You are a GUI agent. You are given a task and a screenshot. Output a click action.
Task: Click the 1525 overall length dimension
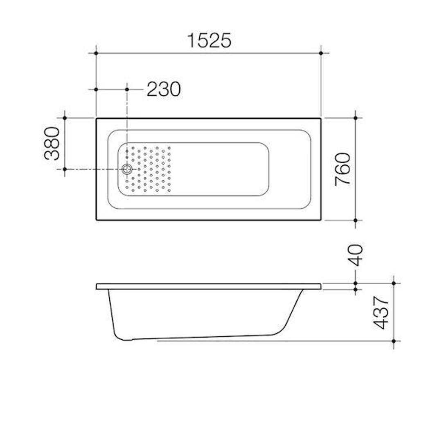tap(209, 41)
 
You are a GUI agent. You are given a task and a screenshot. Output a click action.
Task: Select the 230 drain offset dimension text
tap(164, 89)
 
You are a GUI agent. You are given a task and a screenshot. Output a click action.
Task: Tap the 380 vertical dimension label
tap(52, 143)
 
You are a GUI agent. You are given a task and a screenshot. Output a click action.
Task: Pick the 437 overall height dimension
tap(381, 313)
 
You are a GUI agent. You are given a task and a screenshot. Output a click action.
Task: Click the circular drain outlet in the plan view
tap(127, 169)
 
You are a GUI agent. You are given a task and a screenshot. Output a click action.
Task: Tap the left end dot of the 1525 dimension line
tap(96, 53)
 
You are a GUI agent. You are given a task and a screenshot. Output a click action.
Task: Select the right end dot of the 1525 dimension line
tap(321, 53)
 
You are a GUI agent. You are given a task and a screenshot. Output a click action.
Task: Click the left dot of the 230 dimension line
tap(96, 89)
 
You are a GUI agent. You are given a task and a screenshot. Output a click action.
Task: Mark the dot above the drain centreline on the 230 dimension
tap(127, 89)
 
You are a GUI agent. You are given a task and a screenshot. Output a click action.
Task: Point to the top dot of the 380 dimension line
tap(65, 118)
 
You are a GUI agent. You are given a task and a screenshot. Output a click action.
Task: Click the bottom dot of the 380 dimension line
tap(65, 169)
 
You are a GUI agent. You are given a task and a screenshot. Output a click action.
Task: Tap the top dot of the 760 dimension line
tap(355, 118)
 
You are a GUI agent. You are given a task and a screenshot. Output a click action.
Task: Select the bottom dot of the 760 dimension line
tap(355, 220)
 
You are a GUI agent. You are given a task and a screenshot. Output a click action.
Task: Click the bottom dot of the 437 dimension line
tap(394, 341)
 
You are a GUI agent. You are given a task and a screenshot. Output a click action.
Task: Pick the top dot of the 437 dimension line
tap(394, 283)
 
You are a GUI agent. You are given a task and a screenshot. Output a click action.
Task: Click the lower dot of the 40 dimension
tap(355, 289)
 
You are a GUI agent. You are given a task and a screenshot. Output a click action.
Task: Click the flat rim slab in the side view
tap(209, 286)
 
